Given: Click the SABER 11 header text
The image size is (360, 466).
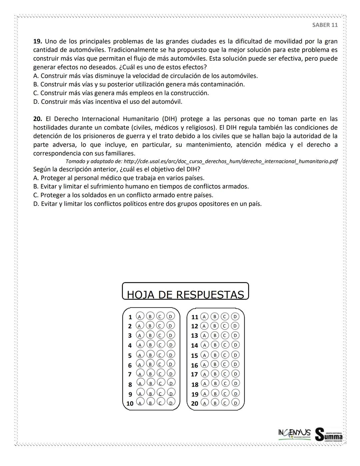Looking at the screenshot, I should pyautogui.click(x=325, y=25).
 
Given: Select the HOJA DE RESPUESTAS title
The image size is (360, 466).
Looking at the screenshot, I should pyautogui.click(x=185, y=295).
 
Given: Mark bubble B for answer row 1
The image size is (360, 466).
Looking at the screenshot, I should pyautogui.click(x=150, y=316).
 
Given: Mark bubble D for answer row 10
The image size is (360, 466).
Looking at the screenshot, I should pyautogui.click(x=171, y=403).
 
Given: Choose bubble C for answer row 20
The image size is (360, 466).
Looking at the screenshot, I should pyautogui.click(x=225, y=403).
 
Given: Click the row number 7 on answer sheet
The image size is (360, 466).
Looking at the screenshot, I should pyautogui.click(x=130, y=374).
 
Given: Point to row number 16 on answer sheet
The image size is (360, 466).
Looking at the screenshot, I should pyautogui.click(x=194, y=365).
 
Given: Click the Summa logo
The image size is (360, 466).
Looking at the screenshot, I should pyautogui.click(x=329, y=434).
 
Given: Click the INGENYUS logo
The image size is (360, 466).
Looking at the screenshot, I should pyautogui.click(x=294, y=433).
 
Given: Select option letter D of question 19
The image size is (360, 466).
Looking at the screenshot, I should pyautogui.click(x=36, y=102).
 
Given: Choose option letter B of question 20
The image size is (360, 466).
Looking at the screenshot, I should pyautogui.click(x=36, y=186).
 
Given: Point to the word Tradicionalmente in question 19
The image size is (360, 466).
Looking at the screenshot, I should pyautogui.click(x=136, y=50).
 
